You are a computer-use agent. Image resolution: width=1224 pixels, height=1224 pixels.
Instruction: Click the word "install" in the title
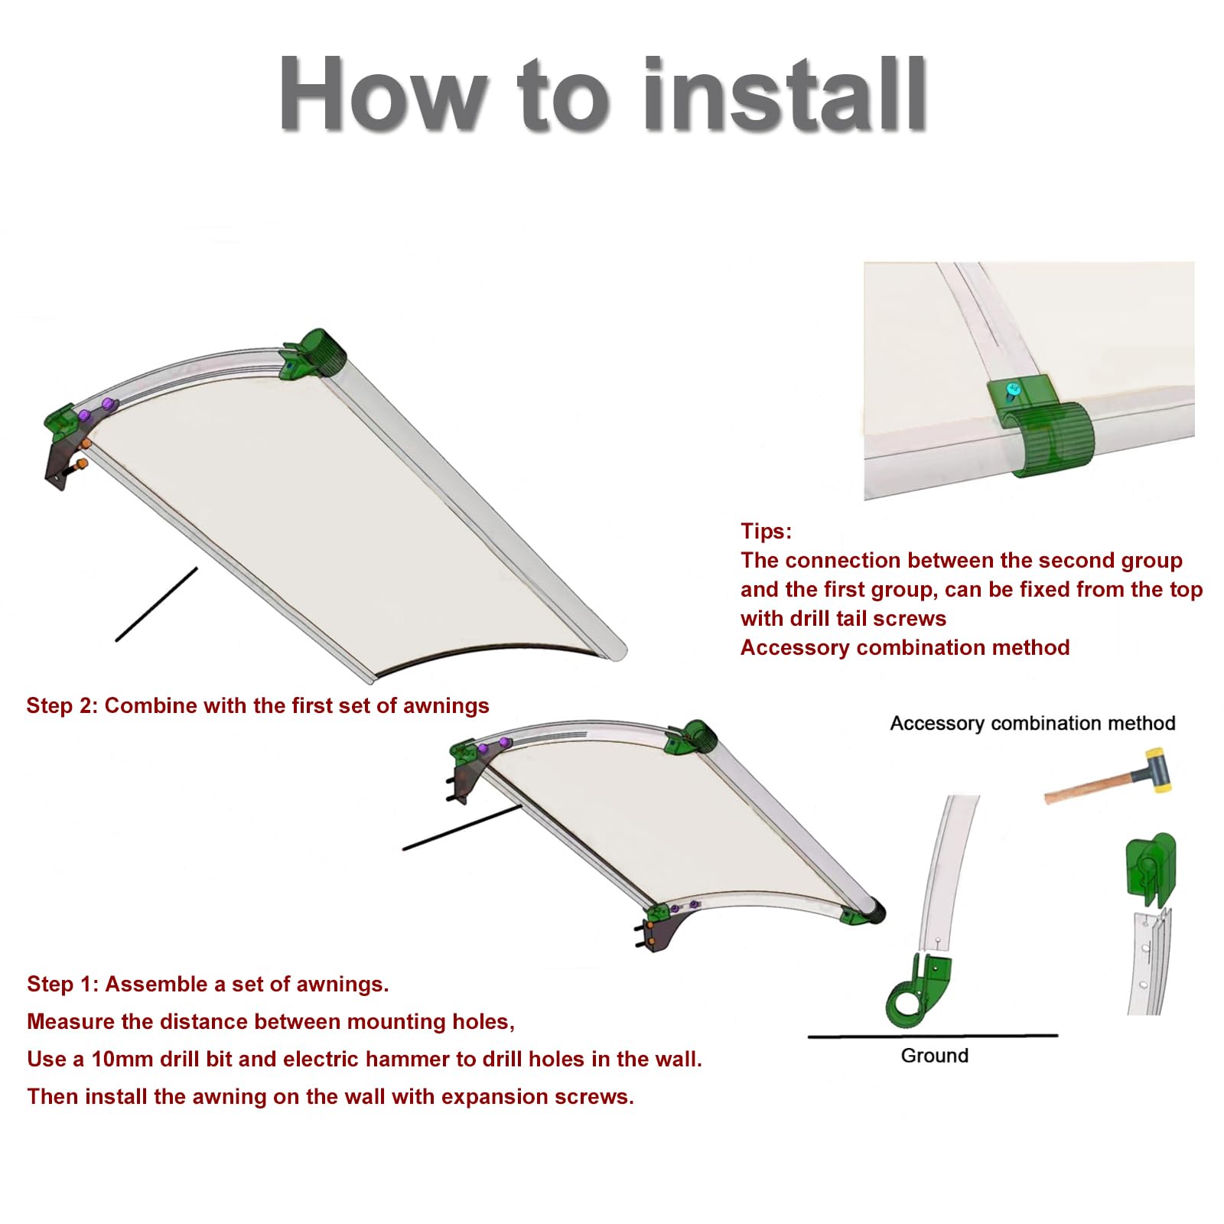click(786, 94)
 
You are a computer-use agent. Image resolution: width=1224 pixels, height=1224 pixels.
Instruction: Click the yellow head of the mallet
click(1154, 770)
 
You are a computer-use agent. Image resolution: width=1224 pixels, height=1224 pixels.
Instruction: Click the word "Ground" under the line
click(935, 1056)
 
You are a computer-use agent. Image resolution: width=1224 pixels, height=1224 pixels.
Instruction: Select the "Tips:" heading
click(766, 531)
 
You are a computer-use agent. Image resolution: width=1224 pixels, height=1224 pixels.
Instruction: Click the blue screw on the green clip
click(1013, 391)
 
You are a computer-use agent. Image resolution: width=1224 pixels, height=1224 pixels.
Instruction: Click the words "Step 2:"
click(62, 705)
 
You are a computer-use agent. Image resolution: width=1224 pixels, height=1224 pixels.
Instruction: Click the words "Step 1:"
click(63, 984)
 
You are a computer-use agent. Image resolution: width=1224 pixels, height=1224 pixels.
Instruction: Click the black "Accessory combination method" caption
click(1033, 723)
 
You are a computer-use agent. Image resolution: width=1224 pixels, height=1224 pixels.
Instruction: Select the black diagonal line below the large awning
click(156, 604)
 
